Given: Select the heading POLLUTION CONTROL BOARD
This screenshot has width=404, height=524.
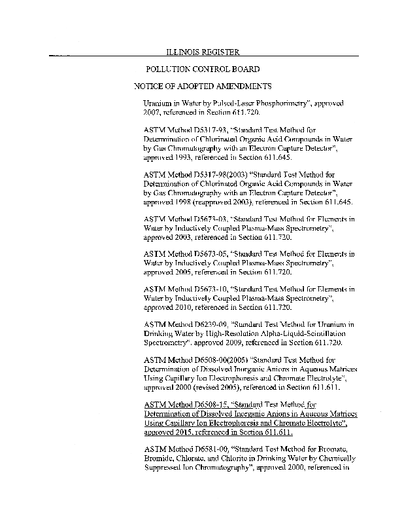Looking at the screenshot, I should point(203,69).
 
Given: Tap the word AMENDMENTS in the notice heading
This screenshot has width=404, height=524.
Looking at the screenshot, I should point(237,86).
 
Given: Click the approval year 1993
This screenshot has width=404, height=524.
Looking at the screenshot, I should point(189,158).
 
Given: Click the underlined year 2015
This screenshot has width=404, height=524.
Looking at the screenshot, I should point(189,432).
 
